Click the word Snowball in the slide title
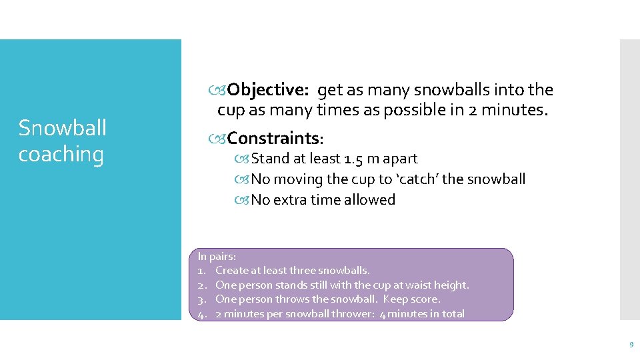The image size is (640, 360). (x=62, y=127)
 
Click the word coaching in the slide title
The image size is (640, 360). (x=61, y=154)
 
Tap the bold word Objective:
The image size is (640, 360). (x=267, y=89)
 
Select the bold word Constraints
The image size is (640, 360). (x=273, y=138)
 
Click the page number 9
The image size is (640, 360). (x=631, y=345)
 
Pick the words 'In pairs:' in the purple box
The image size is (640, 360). (x=217, y=256)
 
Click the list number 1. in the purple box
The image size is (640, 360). (x=203, y=271)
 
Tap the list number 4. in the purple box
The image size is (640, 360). (x=203, y=314)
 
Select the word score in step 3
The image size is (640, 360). (x=425, y=299)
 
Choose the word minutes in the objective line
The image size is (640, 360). (x=515, y=110)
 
